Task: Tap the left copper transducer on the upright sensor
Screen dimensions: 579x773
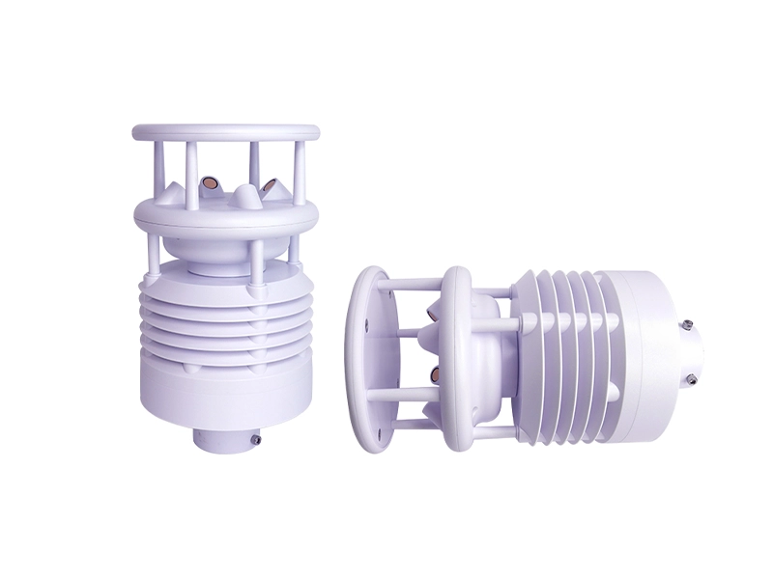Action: (209, 182)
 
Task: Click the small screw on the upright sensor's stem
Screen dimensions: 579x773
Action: (257, 439)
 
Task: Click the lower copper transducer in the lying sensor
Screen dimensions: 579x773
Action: (432, 372)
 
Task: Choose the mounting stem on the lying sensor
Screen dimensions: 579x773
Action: (690, 352)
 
